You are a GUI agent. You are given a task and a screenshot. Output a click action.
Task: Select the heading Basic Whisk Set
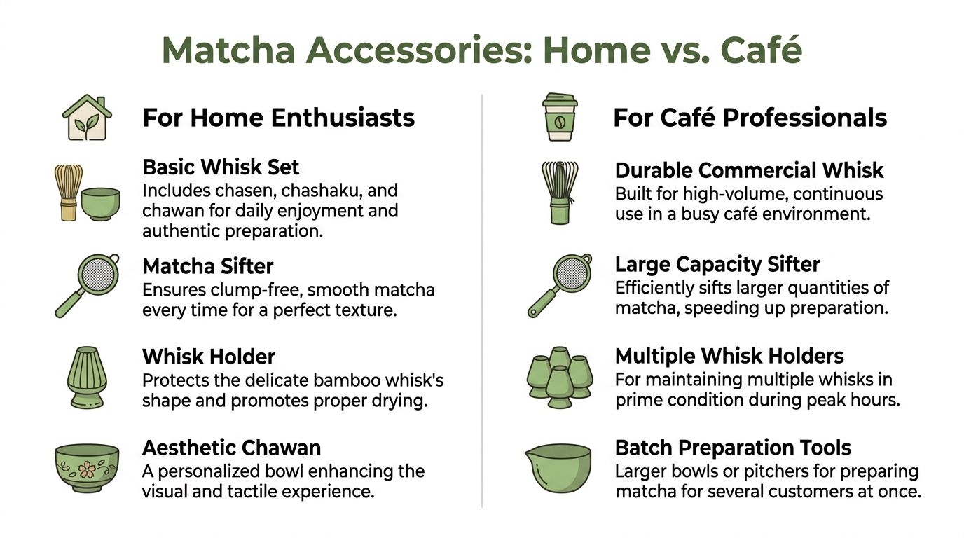coord(221,167)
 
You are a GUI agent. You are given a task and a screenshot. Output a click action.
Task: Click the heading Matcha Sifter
coord(207,266)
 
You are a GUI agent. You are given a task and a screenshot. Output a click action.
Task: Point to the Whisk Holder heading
coord(209,357)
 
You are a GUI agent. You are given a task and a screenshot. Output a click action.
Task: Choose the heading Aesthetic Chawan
coord(231,448)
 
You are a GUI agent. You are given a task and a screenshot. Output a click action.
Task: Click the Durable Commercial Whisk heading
coord(749,170)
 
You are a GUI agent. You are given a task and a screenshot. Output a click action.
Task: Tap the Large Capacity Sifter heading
coord(717,265)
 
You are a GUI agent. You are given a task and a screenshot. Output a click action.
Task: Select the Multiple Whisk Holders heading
coord(729,357)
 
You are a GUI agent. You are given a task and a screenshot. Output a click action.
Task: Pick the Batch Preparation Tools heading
coord(733,448)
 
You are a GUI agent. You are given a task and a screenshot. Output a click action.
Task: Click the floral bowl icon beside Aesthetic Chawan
coord(87,468)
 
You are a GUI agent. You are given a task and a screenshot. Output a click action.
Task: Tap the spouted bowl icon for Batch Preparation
coord(558,468)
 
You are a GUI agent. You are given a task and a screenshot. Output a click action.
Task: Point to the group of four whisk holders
coord(558,378)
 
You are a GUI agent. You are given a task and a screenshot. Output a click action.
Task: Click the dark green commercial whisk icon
coord(558,192)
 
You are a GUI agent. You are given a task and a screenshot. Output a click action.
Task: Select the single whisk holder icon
coord(87,377)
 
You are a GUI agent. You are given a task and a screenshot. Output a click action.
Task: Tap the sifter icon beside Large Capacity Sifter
coord(559,285)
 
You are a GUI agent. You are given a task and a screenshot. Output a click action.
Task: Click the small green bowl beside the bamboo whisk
coord(101,203)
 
